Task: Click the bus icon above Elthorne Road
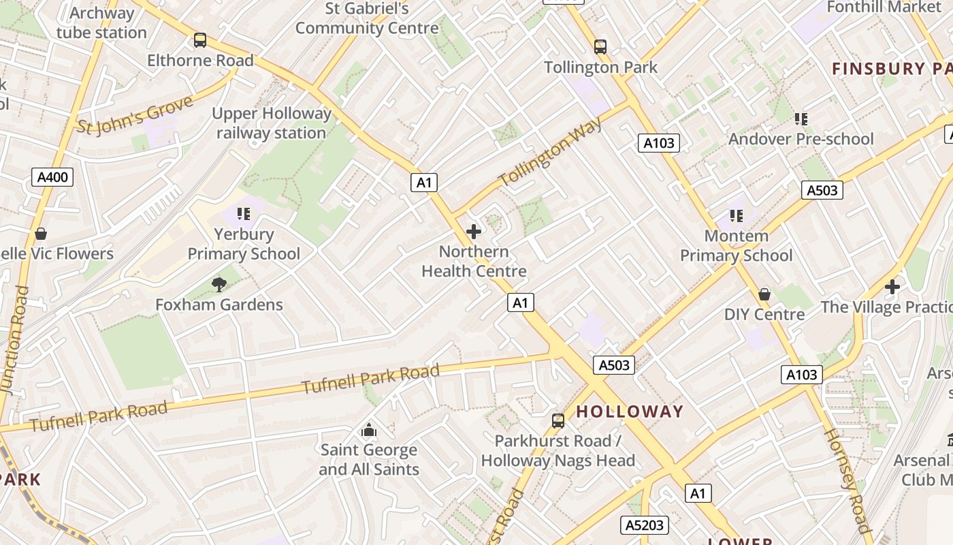[x=199, y=40]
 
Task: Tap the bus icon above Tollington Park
[x=600, y=46]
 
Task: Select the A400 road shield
[x=52, y=178]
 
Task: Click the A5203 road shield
[x=644, y=525]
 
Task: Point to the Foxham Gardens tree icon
[x=219, y=284]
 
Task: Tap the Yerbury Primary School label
[x=244, y=244]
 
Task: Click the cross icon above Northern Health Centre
[x=474, y=232]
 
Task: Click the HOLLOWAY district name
[x=630, y=411]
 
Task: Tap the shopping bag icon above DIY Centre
[x=764, y=294]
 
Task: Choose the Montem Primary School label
[x=737, y=246]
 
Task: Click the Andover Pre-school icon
[x=801, y=119]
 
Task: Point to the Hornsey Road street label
[x=847, y=480]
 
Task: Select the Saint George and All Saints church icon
[x=369, y=430]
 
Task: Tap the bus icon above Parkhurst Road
[x=558, y=420]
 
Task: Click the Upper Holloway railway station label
[x=272, y=123]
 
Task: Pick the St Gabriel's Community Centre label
[x=367, y=18]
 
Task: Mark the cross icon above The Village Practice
[x=892, y=287]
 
